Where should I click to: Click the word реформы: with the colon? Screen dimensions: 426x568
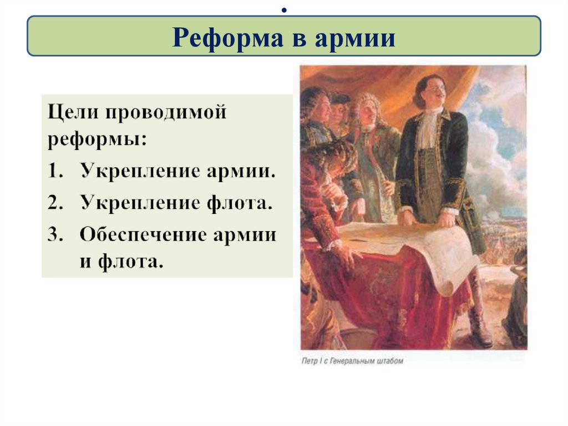98,139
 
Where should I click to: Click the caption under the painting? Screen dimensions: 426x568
352,361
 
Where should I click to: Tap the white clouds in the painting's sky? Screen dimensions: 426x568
499,139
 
